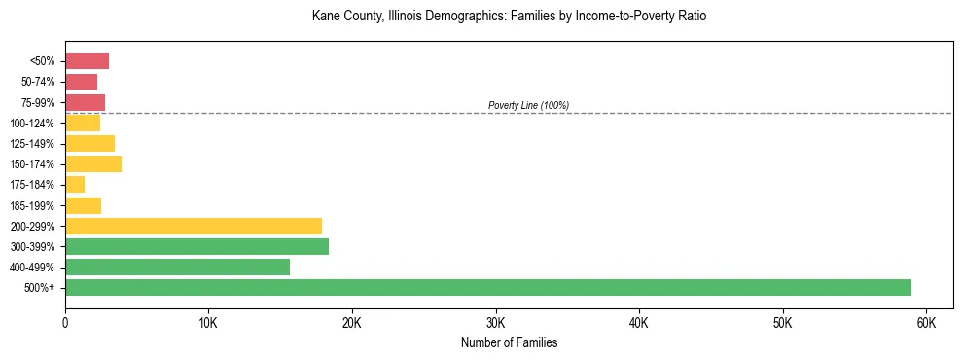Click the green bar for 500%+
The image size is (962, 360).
click(x=487, y=288)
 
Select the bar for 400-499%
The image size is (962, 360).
click(x=177, y=268)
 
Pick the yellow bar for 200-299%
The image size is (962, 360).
click(x=194, y=227)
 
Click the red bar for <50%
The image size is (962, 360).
click(x=87, y=61)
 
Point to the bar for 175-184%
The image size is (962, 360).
click(x=75, y=185)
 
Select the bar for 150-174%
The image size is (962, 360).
click(x=93, y=164)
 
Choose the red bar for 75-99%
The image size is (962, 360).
click(x=85, y=102)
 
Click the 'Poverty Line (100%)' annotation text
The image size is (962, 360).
click(x=528, y=105)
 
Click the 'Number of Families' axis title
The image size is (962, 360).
click(x=509, y=342)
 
